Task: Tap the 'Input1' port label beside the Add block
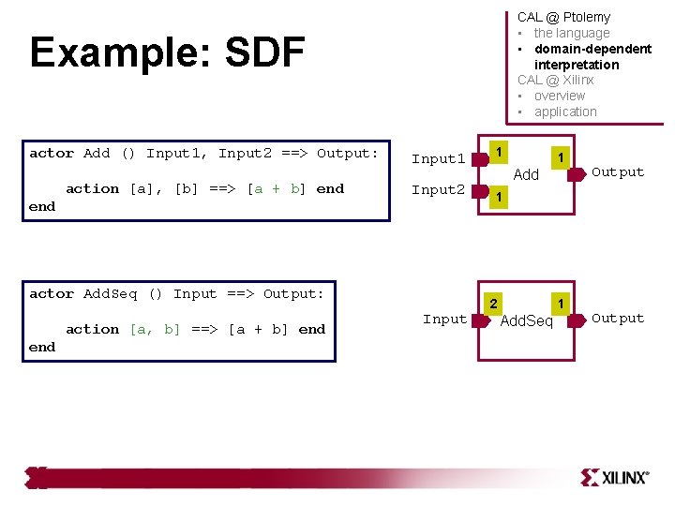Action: click(x=438, y=159)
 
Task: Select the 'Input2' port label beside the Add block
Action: click(x=438, y=190)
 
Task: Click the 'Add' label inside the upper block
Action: click(x=527, y=175)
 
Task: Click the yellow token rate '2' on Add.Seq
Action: click(x=493, y=303)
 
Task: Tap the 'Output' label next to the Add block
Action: click(x=618, y=172)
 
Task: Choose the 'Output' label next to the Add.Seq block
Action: click(x=618, y=319)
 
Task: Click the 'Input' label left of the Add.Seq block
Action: click(x=444, y=320)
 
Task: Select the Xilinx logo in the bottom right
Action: click(x=614, y=477)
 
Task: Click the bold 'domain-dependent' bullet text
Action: click(x=592, y=49)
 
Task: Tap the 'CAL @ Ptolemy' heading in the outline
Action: click(x=563, y=17)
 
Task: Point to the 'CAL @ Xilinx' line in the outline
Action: click(x=555, y=80)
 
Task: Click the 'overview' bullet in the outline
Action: click(x=559, y=96)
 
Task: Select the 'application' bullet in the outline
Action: click(x=565, y=112)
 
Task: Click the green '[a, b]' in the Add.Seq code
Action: click(x=156, y=330)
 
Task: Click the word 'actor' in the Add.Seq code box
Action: click(x=52, y=294)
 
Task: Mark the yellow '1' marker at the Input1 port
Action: click(x=501, y=152)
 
